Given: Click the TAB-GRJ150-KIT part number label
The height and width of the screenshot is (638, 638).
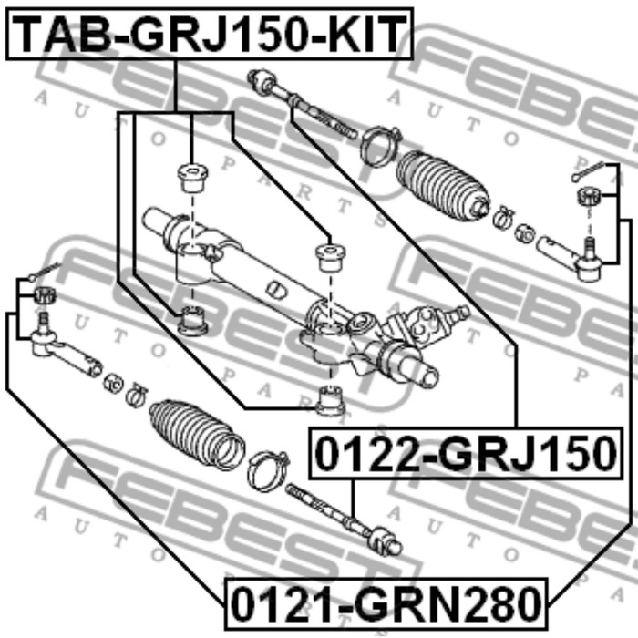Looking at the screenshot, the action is click(x=210, y=34).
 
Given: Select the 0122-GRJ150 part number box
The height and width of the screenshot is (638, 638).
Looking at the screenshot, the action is click(x=466, y=453).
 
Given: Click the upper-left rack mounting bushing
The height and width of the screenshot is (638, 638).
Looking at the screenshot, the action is click(x=192, y=178).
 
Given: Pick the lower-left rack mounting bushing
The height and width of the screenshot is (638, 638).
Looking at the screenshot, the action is click(x=193, y=321).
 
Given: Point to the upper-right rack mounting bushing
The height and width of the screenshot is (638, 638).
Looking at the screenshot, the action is click(x=331, y=257).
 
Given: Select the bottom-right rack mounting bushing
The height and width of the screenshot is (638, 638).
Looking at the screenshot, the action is click(x=331, y=401).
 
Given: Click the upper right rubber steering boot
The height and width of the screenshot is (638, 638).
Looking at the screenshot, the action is click(x=443, y=186).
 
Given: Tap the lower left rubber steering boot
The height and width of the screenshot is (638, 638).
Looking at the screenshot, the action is click(x=198, y=435).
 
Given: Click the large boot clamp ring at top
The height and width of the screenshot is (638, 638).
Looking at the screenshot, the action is click(x=379, y=146).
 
